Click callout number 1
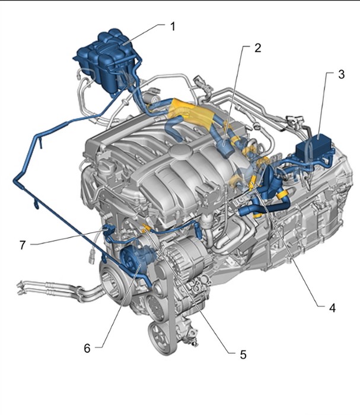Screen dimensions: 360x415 173,27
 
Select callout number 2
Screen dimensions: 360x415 258,48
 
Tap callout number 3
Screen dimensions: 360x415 342,74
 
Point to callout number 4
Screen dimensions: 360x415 332,308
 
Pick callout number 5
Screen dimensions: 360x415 243,354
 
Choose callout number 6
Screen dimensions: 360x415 87,348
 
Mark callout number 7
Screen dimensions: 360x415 23,245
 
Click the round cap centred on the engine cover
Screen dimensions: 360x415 181,151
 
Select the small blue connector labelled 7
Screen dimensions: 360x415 109,230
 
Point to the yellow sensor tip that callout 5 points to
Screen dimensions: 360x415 146,229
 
